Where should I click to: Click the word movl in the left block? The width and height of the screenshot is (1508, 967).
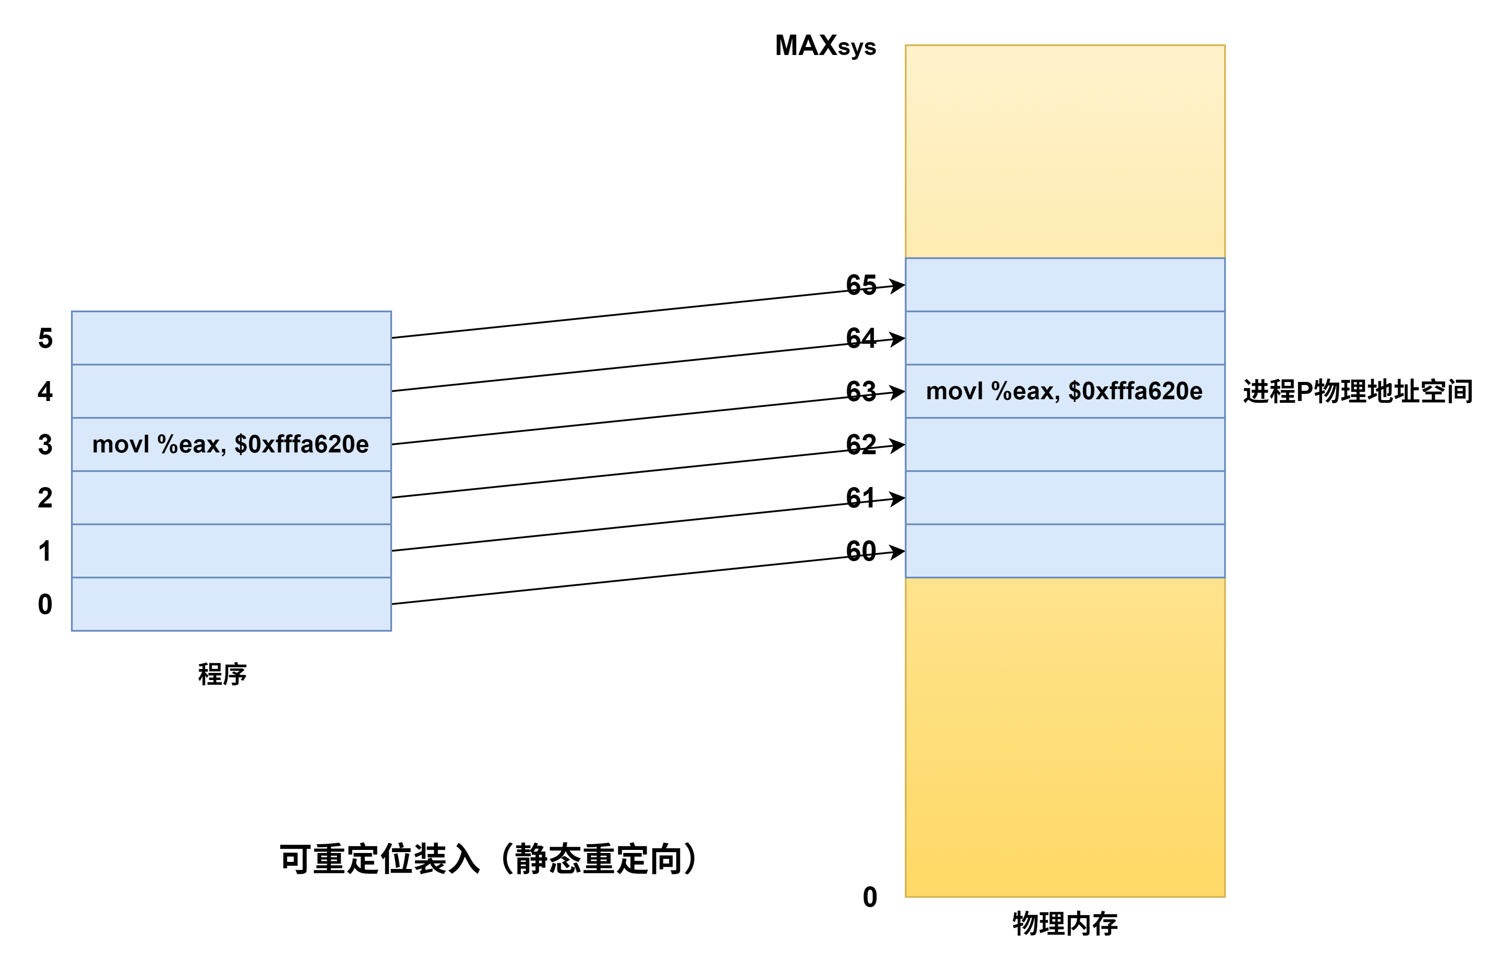point(121,444)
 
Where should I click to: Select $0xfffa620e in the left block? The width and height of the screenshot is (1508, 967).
point(301,444)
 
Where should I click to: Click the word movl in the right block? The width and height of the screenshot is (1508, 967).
point(954,391)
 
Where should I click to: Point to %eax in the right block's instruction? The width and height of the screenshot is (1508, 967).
point(1025,391)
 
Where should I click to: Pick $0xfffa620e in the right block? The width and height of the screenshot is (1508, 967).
point(1135,391)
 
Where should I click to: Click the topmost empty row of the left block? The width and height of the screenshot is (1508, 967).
point(231,338)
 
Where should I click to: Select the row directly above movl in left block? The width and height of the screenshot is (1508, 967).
point(231,391)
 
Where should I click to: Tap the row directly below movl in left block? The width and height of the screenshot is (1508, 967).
point(231,497)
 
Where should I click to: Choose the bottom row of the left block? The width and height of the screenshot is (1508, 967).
point(231,604)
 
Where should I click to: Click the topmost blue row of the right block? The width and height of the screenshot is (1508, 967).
point(1065,284)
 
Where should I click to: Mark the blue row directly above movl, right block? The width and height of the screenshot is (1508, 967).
point(1065,338)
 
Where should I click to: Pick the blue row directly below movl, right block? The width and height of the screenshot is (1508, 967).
point(1065,444)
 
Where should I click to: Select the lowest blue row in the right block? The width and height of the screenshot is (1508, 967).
point(1065,550)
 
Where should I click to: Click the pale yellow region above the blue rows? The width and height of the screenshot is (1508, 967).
point(1065,151)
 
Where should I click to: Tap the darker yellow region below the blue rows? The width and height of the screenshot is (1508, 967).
point(1065,738)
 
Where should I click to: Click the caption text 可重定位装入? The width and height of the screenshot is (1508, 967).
point(380,860)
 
